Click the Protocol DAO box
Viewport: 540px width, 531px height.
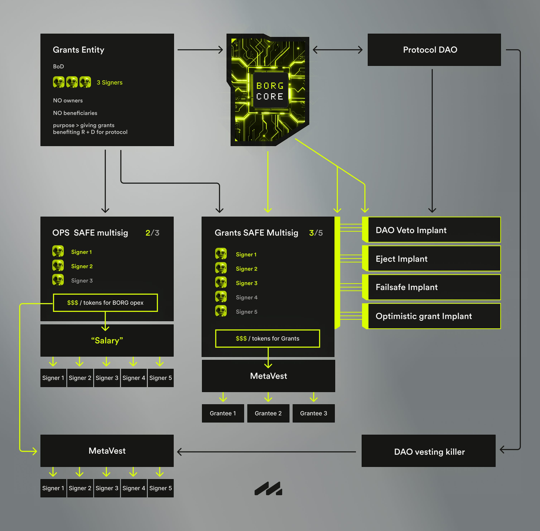[434, 50]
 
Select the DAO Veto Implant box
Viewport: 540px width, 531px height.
[434, 230]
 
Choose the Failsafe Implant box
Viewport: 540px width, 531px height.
[434, 287]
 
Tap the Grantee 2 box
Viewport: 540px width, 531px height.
[268, 413]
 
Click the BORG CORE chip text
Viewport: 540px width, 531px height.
[270, 91]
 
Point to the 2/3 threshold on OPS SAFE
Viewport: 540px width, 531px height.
[152, 233]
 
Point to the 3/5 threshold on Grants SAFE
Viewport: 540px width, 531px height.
[316, 233]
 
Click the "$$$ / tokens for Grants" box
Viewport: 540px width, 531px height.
[267, 339]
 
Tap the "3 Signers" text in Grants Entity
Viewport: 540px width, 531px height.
[109, 83]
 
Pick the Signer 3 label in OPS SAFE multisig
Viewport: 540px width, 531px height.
[82, 281]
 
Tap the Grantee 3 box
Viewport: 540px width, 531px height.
[314, 413]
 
